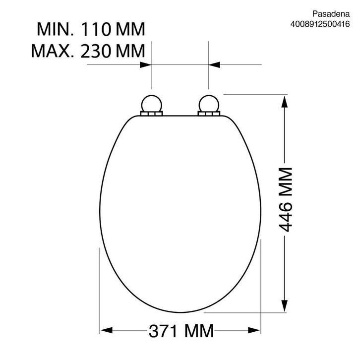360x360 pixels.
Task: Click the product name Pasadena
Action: click(331, 14)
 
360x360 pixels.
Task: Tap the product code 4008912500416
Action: click(320, 24)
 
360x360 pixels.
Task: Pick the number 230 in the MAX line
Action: click(96, 51)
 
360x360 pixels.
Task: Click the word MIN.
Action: click(56, 29)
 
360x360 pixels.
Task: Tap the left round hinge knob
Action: click(152, 104)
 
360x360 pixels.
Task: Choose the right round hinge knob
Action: click(209, 104)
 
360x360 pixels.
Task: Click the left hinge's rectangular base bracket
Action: click(152, 114)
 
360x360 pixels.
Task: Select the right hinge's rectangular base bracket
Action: click(209, 114)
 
